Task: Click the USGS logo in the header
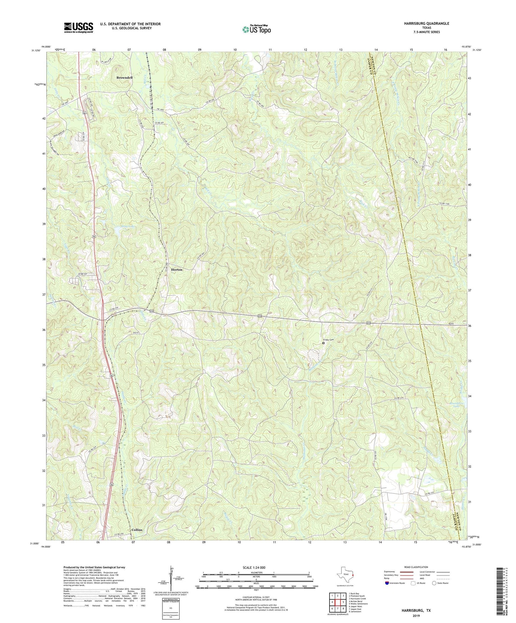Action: [x=79, y=27]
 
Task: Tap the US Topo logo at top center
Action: [x=256, y=29]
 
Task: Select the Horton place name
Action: [x=176, y=270]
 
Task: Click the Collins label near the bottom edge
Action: [x=137, y=530]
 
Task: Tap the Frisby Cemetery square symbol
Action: [x=324, y=343]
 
